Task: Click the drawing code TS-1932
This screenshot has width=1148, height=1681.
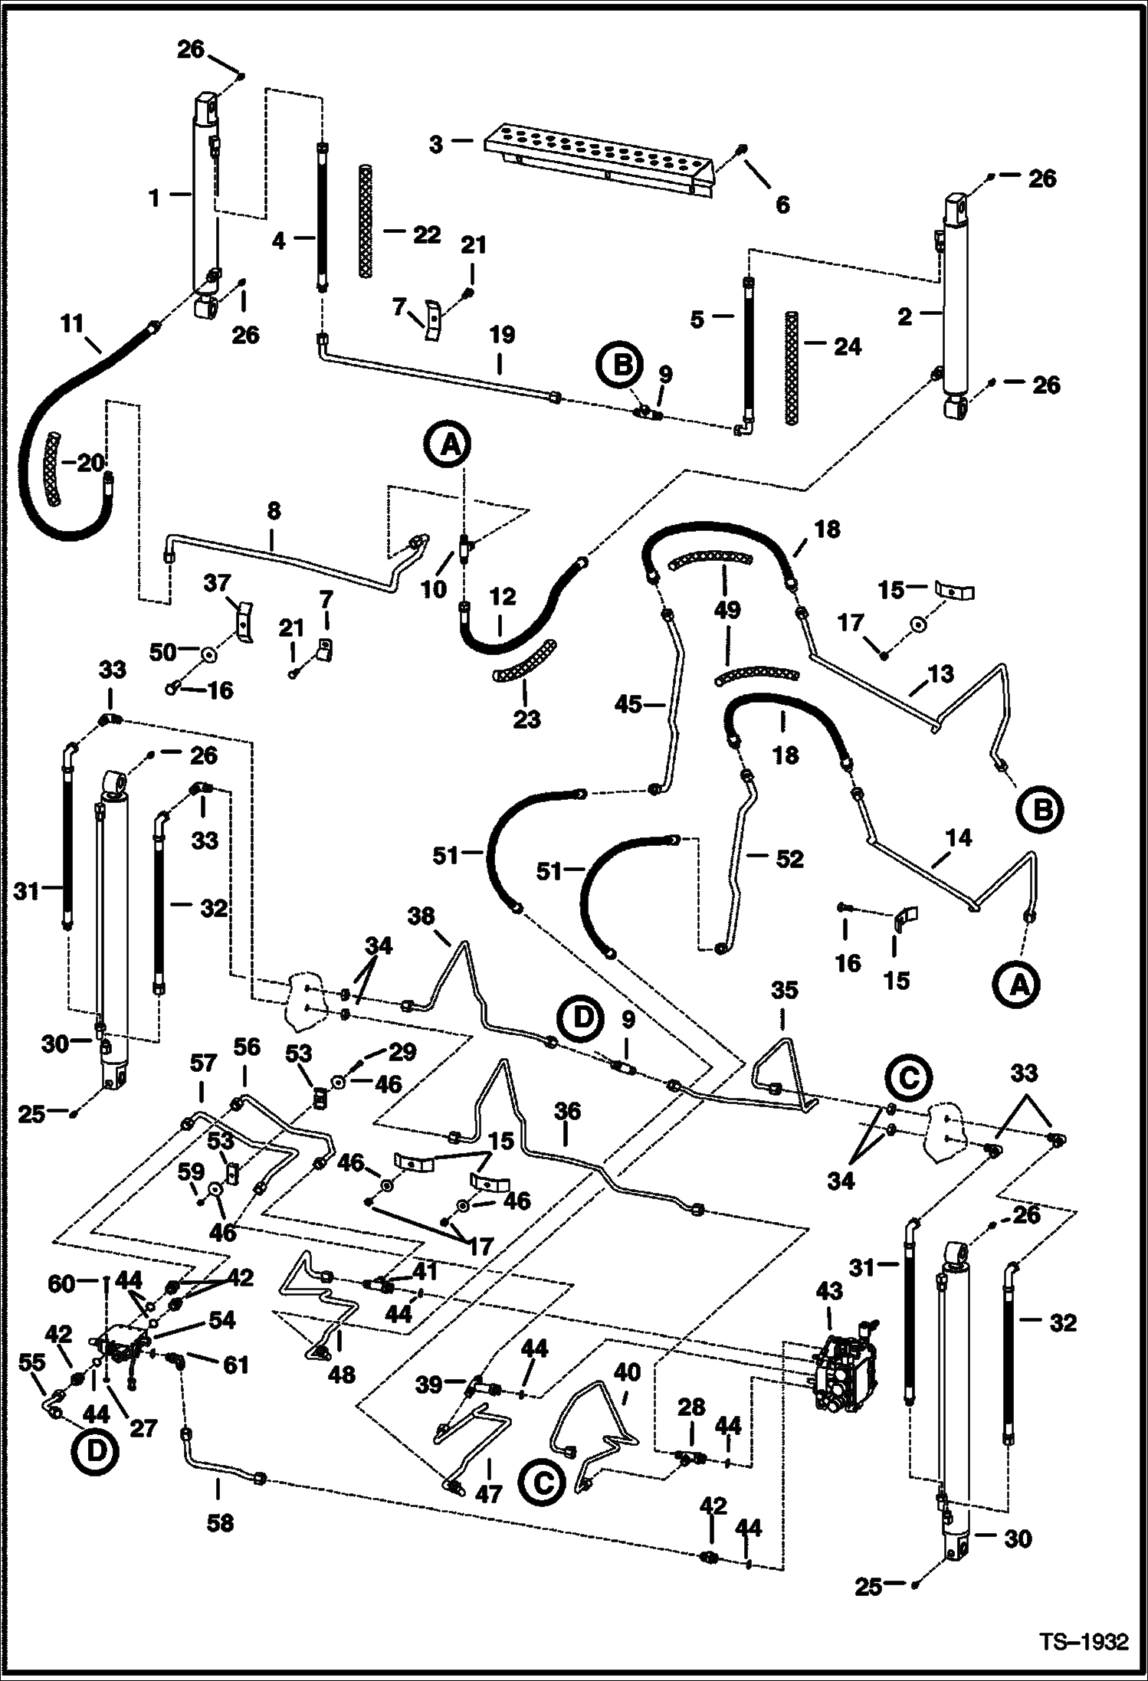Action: tap(1084, 1639)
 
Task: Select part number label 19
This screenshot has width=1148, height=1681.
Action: tap(502, 336)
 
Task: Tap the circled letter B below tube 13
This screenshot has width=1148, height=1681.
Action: tap(1041, 809)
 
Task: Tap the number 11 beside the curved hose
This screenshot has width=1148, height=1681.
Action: tap(71, 325)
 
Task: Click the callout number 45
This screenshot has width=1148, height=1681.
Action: tap(628, 703)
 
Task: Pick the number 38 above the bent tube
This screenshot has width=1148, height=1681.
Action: tap(421, 916)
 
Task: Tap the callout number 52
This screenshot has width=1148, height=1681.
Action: tap(789, 859)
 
